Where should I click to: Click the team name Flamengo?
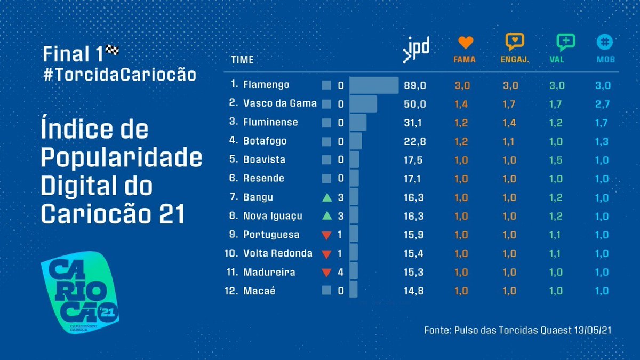[266, 85]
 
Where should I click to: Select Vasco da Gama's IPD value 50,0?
[414, 103]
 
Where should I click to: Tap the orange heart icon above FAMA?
[466, 43]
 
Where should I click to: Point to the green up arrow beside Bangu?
[327, 197]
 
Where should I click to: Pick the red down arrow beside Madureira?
[327, 273]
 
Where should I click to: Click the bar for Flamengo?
[374, 85]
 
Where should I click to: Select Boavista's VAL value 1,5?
[557, 160]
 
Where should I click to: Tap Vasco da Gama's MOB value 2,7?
[602, 103]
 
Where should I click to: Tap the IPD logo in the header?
[416, 50]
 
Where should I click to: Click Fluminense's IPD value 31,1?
[414, 122]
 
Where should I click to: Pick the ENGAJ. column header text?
[515, 60]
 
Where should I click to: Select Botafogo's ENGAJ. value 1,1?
[510, 141]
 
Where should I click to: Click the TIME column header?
[242, 60]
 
